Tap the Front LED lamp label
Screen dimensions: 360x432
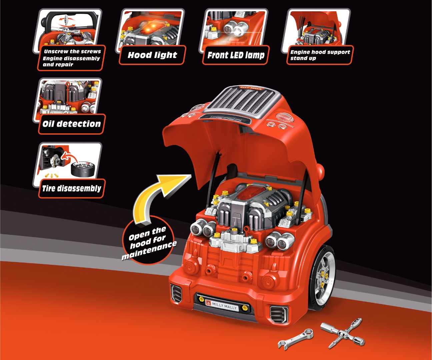[236, 55]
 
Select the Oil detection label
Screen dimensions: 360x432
[71, 124]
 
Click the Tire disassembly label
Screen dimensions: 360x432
[71, 188]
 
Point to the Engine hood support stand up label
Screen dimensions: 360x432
[319, 55]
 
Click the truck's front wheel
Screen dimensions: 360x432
[322, 277]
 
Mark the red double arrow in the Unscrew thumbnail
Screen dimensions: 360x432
[66, 21]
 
